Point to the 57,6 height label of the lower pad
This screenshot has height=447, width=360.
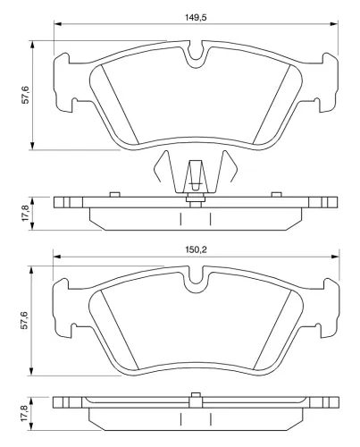point(25,318)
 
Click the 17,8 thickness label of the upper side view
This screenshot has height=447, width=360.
point(25,214)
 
